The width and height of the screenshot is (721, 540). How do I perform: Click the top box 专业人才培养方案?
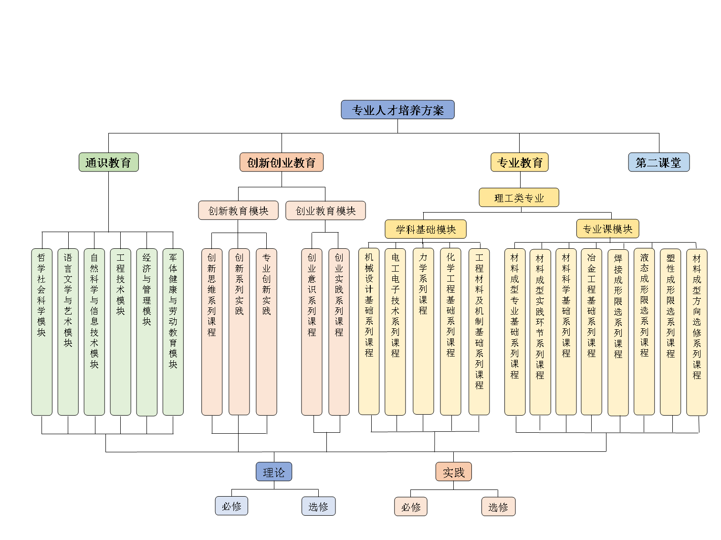pyautogui.click(x=397, y=110)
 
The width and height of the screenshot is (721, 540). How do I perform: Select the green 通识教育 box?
pyautogui.click(x=108, y=162)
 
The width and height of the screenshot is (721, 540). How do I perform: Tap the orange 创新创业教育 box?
pyautogui.click(x=281, y=162)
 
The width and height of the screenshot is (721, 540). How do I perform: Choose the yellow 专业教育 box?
pyautogui.click(x=519, y=162)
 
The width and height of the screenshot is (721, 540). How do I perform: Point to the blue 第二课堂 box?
pyautogui.click(x=658, y=162)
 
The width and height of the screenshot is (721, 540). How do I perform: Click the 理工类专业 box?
pyautogui.click(x=519, y=197)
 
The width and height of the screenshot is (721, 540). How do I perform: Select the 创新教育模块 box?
pyautogui.click(x=238, y=210)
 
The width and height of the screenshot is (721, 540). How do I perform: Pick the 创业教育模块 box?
pyautogui.click(x=325, y=210)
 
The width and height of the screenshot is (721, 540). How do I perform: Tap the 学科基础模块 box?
pyautogui.click(x=425, y=229)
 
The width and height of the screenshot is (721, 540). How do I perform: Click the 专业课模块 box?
pyautogui.click(x=607, y=228)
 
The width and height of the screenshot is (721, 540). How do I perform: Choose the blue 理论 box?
pyautogui.click(x=273, y=472)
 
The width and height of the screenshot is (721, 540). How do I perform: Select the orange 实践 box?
pyautogui.click(x=453, y=472)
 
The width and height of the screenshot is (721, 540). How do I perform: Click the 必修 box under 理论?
pyautogui.click(x=231, y=506)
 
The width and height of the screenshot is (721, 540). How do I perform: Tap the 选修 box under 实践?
pyautogui.click(x=498, y=507)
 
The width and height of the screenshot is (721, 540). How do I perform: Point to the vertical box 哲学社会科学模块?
pyautogui.click(x=42, y=331)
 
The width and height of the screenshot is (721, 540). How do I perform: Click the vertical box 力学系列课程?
pyautogui.click(x=423, y=331)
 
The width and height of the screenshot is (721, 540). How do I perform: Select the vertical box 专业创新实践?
pyautogui.click(x=266, y=331)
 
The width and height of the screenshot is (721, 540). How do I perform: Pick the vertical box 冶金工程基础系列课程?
pyautogui.click(x=591, y=331)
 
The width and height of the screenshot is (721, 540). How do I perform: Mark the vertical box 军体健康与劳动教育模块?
pyautogui.click(x=173, y=331)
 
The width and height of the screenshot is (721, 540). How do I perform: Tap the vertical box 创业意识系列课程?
pyautogui.click(x=312, y=331)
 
